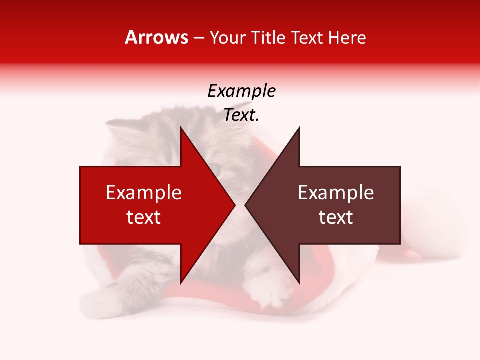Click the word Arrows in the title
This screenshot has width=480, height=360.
click(156, 37)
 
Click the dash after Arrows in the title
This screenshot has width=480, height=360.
click(198, 38)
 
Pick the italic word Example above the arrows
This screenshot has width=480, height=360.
click(242, 91)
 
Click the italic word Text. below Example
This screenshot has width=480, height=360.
click(242, 115)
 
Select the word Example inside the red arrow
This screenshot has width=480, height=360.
click(144, 193)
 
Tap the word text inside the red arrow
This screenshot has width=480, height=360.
click(144, 217)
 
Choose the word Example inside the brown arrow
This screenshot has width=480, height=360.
click(336, 193)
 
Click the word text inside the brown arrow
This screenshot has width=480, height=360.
click(336, 217)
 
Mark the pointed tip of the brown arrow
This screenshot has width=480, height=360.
click(246, 205)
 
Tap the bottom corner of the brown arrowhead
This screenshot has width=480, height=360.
click(299, 283)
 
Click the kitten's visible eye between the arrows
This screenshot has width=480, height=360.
click(216, 170)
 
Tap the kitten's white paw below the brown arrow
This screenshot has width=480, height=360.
click(272, 295)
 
